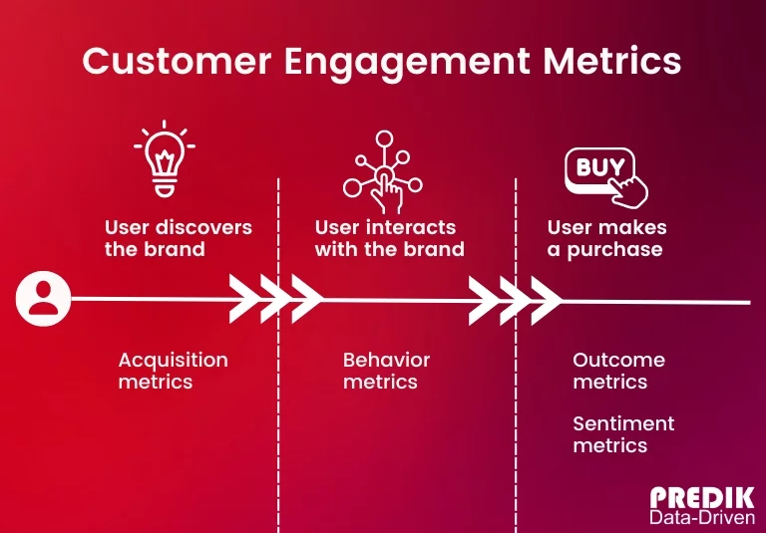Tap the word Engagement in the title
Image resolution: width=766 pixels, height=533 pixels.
pyautogui.click(x=408, y=63)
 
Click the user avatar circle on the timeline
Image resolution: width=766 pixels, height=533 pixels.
pyautogui.click(x=43, y=297)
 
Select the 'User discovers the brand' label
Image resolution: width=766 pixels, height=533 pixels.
pyautogui.click(x=179, y=238)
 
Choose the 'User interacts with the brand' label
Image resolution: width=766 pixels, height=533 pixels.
pyautogui.click(x=390, y=238)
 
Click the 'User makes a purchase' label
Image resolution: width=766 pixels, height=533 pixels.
pyautogui.click(x=606, y=238)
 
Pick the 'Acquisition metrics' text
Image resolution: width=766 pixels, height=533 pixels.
pyautogui.click(x=173, y=370)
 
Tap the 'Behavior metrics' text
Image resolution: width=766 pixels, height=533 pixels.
pyautogui.click(x=386, y=370)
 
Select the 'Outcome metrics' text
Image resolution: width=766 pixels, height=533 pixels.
pyautogui.click(x=618, y=370)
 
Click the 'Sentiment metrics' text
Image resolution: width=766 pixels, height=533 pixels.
pyautogui.click(x=623, y=434)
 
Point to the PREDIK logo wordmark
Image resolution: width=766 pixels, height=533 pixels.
pyautogui.click(x=702, y=498)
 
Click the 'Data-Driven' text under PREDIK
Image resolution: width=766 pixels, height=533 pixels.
pyautogui.click(x=702, y=518)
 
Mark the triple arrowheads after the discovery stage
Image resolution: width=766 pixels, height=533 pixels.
pyautogui.click(x=275, y=297)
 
